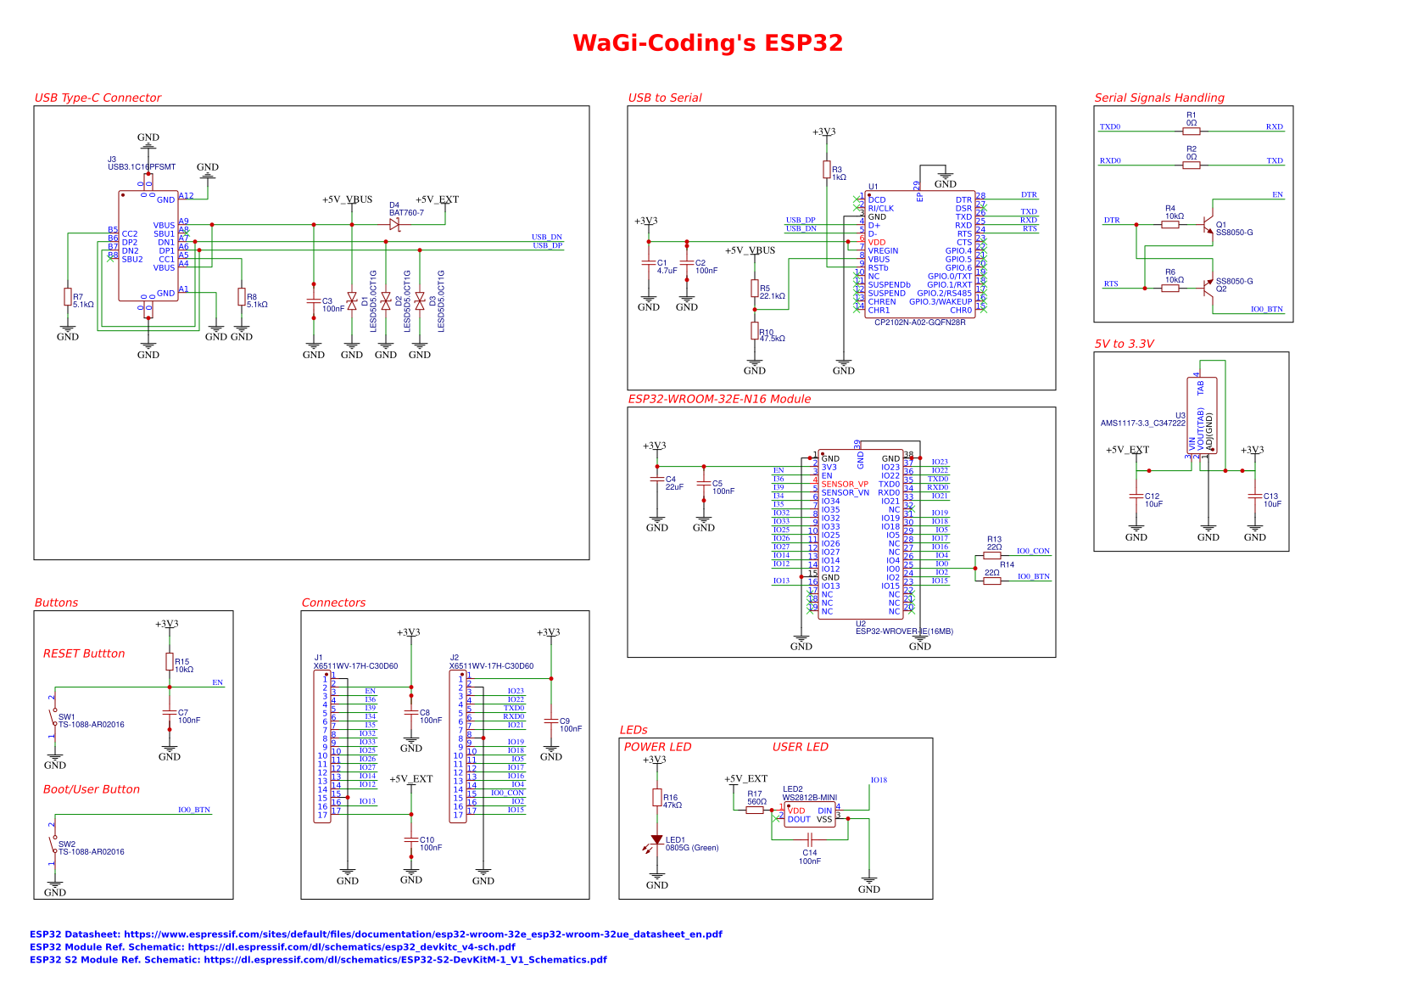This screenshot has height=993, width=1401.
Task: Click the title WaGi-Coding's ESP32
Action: pos(707,43)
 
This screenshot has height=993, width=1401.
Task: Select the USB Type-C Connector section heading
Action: pos(98,98)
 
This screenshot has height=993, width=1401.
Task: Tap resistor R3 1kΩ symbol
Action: pos(826,170)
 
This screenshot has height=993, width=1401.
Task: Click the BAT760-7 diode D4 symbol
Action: pos(394,225)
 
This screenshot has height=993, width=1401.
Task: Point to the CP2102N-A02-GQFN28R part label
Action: pos(919,323)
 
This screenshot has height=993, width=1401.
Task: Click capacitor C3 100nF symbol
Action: pos(314,301)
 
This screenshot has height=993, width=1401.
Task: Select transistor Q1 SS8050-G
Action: pos(1209,226)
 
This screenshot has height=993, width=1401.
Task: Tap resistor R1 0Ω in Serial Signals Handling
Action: pos(1192,132)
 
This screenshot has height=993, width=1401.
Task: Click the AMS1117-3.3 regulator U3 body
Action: pos(1202,416)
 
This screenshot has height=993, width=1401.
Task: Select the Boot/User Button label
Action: pos(92,789)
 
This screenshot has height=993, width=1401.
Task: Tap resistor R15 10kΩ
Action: pos(170,662)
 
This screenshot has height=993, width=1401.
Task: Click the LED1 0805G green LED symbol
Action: pos(657,839)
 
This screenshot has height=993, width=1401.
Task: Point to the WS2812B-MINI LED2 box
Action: pos(810,815)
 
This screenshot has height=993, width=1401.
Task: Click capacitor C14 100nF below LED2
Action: pos(810,839)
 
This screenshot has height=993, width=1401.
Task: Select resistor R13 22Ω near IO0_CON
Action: pos(992,555)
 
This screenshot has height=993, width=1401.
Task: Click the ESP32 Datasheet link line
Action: pos(376,934)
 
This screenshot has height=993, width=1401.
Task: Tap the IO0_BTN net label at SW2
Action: pos(193,810)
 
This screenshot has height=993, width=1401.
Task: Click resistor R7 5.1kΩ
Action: pos(68,297)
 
